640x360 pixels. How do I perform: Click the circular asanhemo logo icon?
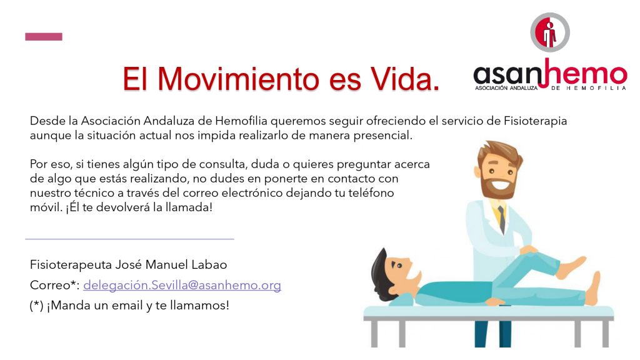pos(550,32)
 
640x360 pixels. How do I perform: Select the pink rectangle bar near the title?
pos(44,37)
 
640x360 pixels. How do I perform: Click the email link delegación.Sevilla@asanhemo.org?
pos(182,285)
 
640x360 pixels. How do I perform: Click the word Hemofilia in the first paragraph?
pos(241,121)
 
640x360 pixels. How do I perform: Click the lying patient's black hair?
pos(379,269)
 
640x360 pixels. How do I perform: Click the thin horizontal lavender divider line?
pos(129,239)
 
